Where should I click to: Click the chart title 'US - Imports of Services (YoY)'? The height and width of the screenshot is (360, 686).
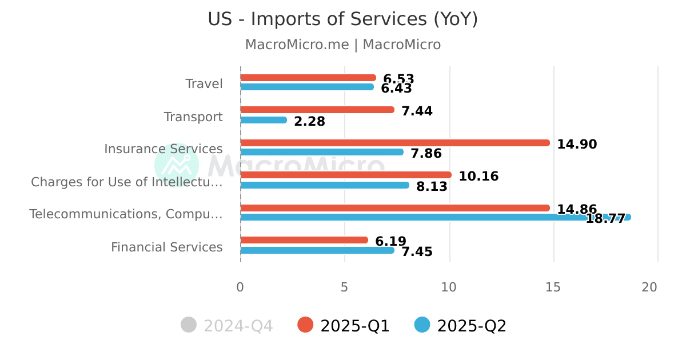342,19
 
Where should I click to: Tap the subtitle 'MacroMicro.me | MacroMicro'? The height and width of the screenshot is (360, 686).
342,45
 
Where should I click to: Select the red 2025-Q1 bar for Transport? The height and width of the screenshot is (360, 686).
317,110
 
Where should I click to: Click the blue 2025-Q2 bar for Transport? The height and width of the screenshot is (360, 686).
264,120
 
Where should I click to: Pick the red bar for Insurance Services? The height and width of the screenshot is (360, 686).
395,143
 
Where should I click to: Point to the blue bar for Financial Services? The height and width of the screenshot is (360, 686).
317,250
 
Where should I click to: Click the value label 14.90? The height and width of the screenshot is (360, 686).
577,145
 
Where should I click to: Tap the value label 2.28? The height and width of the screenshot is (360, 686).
309,122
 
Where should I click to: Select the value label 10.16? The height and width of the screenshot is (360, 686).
478,177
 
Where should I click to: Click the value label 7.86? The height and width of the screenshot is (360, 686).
426,154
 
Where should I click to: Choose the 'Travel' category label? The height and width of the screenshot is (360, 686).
204,84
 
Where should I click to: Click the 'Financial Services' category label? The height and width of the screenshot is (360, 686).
166,247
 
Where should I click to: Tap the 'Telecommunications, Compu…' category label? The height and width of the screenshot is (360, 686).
126,214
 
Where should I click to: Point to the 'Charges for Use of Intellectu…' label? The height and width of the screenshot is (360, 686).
126,182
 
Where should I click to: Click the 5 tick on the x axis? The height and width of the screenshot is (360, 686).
344,287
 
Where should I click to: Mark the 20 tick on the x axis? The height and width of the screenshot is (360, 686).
649,287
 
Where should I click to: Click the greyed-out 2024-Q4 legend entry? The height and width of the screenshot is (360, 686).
227,326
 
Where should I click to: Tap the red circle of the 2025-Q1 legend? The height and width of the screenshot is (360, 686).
306,325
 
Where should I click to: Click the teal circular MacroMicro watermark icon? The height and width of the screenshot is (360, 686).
177,165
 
